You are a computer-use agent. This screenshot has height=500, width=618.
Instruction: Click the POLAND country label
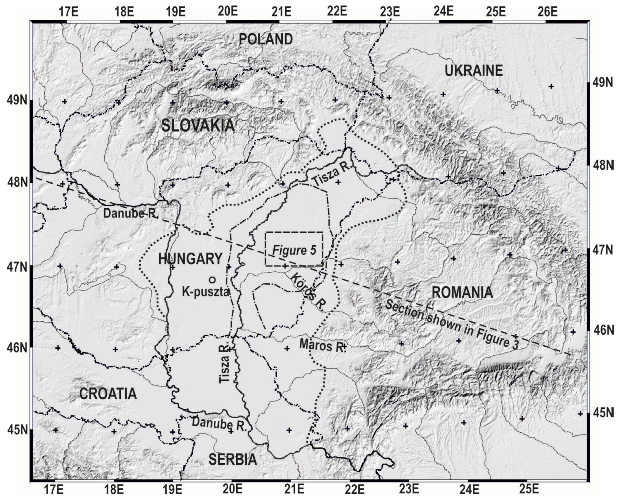point(265,39)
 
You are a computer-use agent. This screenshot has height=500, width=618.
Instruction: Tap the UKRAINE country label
point(474,71)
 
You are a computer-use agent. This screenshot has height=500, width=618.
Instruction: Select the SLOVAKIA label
point(198,126)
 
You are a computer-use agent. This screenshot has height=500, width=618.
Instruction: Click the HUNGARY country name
point(190,259)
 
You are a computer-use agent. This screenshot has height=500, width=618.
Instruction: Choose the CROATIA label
point(108,394)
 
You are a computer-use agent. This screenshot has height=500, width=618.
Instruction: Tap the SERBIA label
point(233,459)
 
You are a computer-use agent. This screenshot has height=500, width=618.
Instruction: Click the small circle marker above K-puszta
point(212,279)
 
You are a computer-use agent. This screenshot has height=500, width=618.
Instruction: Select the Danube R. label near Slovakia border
point(130,213)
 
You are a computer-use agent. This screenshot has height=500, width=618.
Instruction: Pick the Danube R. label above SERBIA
point(219,423)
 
